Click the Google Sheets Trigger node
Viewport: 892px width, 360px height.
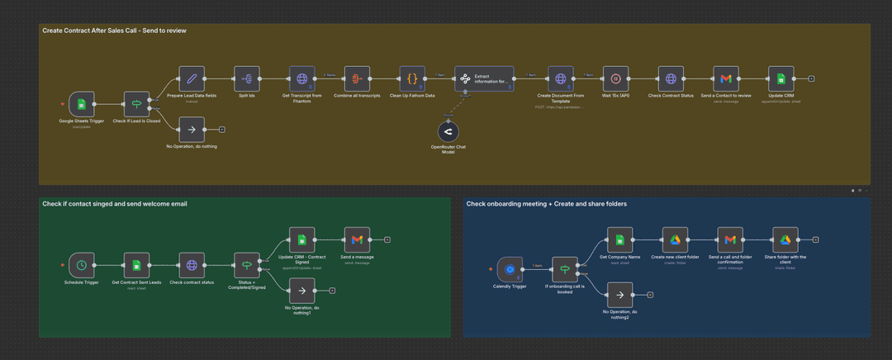click(81, 104)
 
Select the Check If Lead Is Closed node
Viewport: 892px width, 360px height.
click(136, 104)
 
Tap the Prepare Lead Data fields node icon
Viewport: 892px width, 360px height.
click(192, 79)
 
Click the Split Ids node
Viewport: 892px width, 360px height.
click(247, 79)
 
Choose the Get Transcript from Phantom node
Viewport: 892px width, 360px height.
click(301, 79)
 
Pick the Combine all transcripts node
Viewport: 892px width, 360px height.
click(357, 79)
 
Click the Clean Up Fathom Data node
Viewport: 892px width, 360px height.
click(412, 79)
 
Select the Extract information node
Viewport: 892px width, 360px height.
click(484, 79)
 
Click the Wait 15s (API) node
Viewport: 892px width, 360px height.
click(615, 79)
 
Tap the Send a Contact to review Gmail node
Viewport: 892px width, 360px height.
click(726, 79)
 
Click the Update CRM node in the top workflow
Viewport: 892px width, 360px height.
click(780, 79)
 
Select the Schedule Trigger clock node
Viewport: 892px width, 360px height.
click(81, 265)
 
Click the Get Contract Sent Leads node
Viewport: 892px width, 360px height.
click(136, 265)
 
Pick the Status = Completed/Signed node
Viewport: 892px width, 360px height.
click(247, 265)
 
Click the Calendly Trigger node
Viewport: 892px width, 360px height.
click(510, 269)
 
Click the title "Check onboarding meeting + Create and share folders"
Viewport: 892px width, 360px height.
click(546, 204)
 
